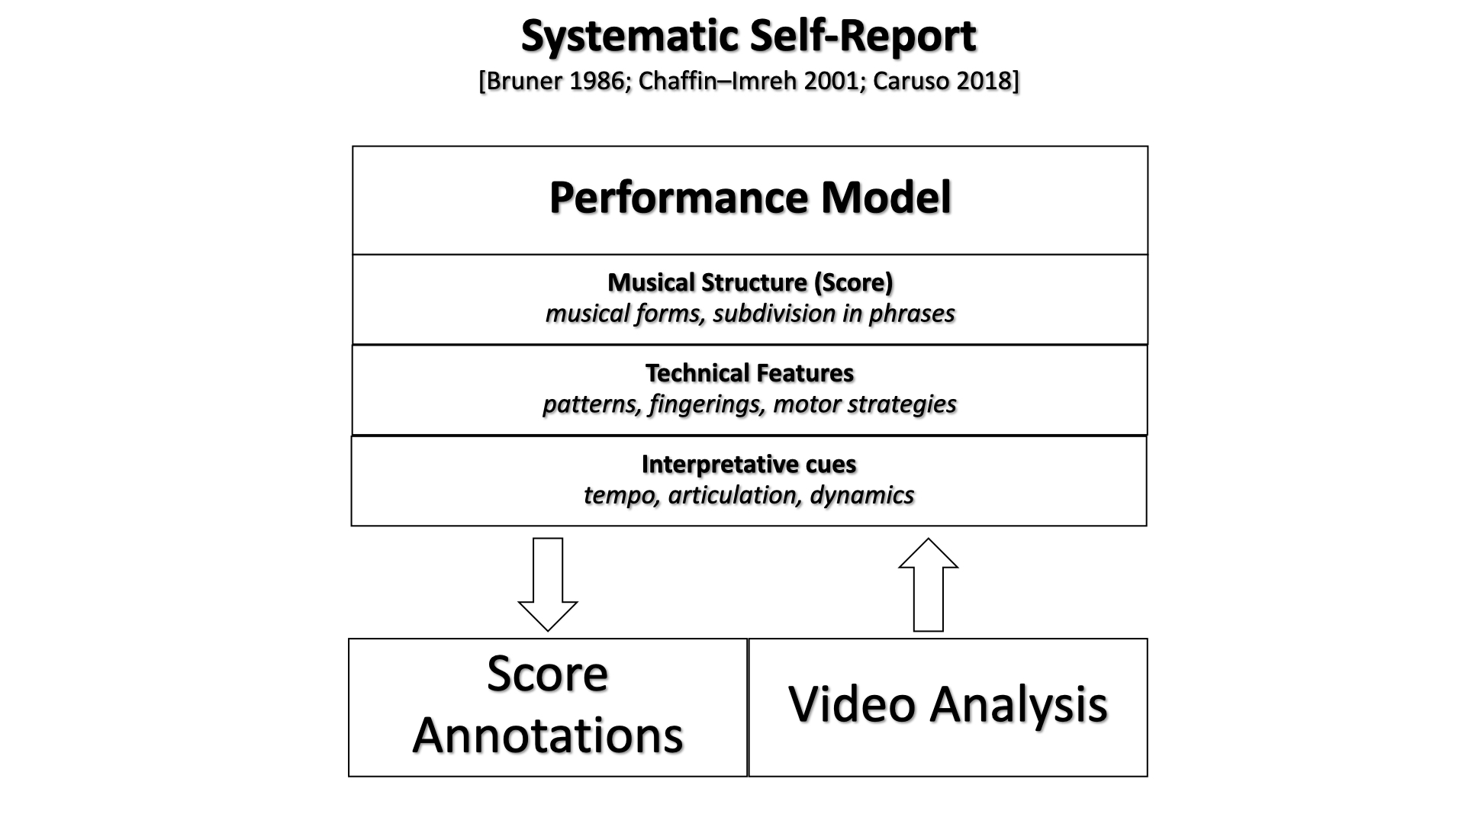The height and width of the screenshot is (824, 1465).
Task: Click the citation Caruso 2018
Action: [942, 81]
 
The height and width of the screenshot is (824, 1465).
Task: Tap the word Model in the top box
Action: [887, 198]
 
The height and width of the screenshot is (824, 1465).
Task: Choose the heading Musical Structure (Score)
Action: [750, 283]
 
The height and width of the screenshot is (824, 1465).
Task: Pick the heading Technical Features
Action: [749, 373]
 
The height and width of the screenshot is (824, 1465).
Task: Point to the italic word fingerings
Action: [707, 404]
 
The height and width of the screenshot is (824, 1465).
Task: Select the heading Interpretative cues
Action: [749, 464]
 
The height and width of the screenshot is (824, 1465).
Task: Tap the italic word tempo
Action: [620, 495]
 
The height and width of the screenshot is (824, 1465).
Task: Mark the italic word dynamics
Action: [862, 495]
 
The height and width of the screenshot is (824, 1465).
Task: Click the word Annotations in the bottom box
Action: [548, 735]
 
